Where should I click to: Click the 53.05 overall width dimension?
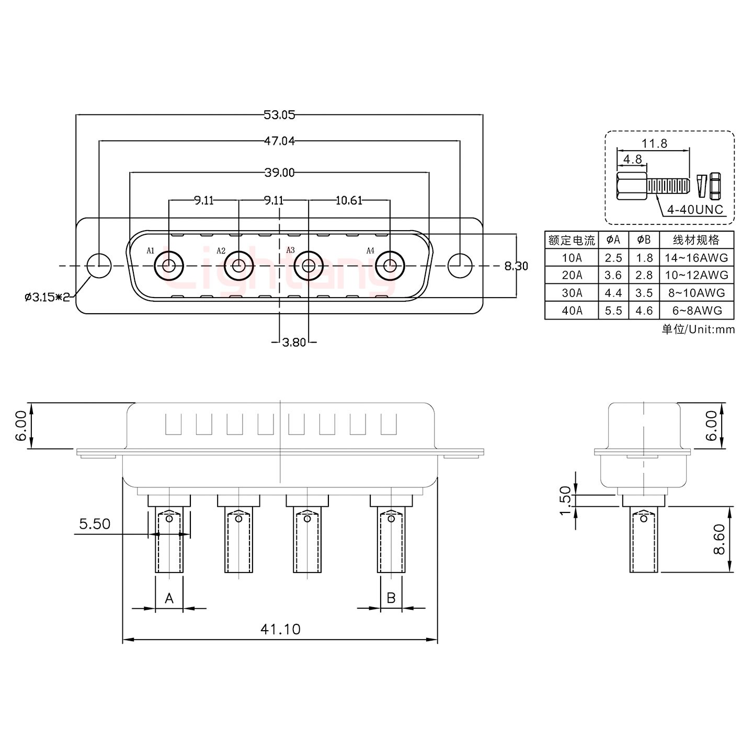pyautogui.click(x=279, y=115)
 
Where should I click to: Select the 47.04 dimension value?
pyautogui.click(x=279, y=141)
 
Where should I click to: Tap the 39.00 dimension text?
pyautogui.click(x=279, y=173)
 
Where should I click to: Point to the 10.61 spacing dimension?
pyautogui.click(x=349, y=200)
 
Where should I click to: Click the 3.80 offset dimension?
pyautogui.click(x=294, y=343)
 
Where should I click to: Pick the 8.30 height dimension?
pyautogui.click(x=516, y=266)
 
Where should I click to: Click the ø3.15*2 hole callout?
pyautogui.click(x=47, y=298)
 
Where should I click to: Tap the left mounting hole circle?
pyautogui.click(x=98, y=266)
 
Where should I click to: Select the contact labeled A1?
pyautogui.click(x=168, y=266)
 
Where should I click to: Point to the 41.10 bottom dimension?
pyautogui.click(x=280, y=629)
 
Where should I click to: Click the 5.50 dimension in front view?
pyautogui.click(x=95, y=523)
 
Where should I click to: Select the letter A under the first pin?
pyautogui.click(x=169, y=598)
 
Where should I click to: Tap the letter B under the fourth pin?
pyautogui.click(x=391, y=597)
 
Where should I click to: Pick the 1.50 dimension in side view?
pyautogui.click(x=565, y=500)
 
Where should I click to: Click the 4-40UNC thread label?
pyautogui.click(x=695, y=210)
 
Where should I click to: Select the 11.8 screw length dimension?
pyautogui.click(x=654, y=143)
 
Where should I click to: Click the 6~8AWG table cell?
pyautogui.click(x=697, y=311)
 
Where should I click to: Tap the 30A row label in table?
pyautogui.click(x=572, y=293)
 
